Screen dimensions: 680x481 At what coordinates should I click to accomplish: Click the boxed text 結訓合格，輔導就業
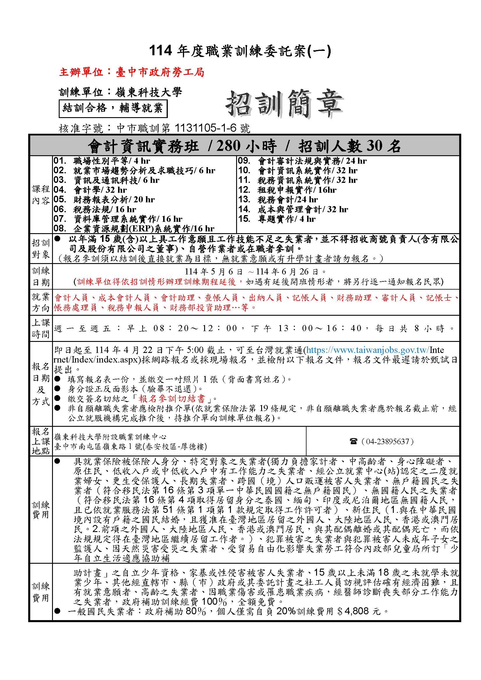[113, 108]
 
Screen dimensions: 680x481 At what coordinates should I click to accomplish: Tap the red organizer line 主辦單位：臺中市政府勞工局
[132, 72]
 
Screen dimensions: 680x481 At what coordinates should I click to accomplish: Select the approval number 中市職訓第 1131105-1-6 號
[183, 128]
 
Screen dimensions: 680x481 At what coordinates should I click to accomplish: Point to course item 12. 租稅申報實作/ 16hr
[287, 190]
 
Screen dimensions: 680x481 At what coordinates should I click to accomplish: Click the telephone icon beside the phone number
[353, 442]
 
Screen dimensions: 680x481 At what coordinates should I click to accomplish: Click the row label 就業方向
[41, 302]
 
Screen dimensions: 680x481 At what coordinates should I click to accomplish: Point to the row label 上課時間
[41, 328]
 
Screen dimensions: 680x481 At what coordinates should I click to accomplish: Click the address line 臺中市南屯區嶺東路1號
[130, 447]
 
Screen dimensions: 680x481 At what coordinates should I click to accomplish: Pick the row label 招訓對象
[41, 249]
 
